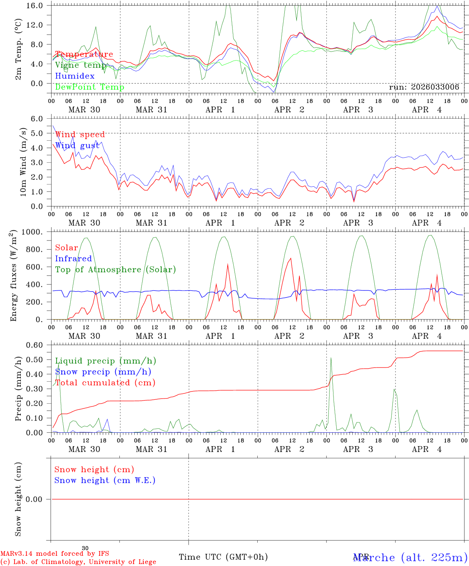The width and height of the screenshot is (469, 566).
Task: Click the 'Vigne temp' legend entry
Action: [81, 65]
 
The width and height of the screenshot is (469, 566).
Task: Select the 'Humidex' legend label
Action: [75, 76]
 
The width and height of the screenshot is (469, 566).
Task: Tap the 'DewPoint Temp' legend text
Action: [90, 87]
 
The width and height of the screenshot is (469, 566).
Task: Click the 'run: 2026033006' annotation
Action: [424, 87]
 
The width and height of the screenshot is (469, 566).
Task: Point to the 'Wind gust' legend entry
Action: [77, 145]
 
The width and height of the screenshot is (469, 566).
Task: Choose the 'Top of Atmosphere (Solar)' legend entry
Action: [115, 270]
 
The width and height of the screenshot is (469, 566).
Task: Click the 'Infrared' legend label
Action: [73, 259]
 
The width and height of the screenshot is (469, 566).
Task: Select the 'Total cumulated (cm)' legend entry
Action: [105, 383]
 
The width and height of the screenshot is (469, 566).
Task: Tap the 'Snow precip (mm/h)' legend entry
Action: [103, 372]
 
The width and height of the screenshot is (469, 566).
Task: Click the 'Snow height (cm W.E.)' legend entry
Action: [105, 480]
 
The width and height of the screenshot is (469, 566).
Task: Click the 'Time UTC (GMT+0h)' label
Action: [223, 557]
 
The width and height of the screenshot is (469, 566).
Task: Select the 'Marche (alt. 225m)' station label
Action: [410, 557]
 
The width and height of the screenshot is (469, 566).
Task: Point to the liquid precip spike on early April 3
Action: [331, 358]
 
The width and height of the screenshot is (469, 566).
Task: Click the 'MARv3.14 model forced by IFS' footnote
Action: [55, 554]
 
